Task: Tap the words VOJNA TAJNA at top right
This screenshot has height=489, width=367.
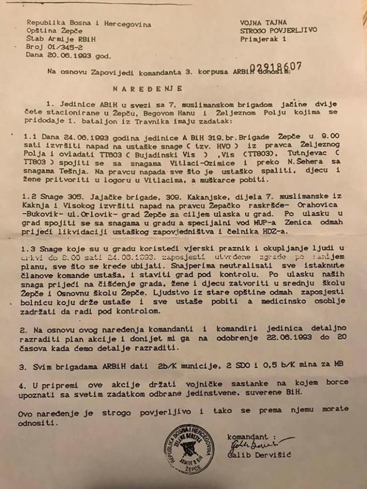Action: coord(263,22)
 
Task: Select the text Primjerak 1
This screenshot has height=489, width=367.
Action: coord(262,39)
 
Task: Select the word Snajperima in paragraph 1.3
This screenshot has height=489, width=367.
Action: coord(188,266)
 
